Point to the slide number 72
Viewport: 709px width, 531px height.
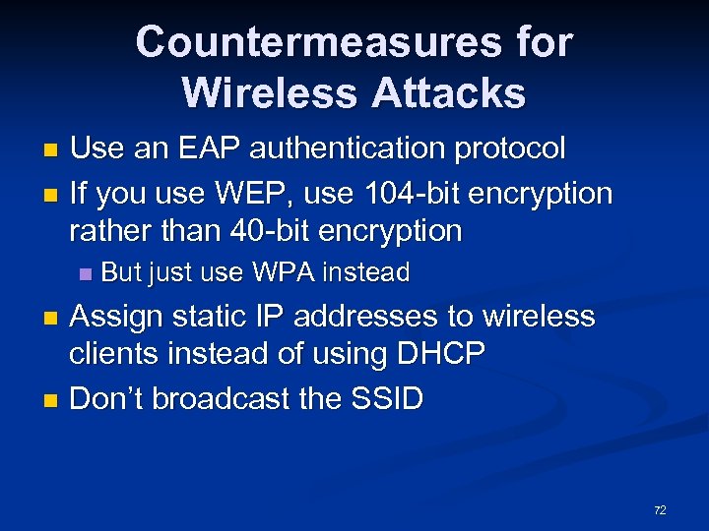click(660, 510)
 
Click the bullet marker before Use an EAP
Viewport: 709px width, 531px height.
click(53, 150)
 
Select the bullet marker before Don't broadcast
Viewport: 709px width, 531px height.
click(53, 400)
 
